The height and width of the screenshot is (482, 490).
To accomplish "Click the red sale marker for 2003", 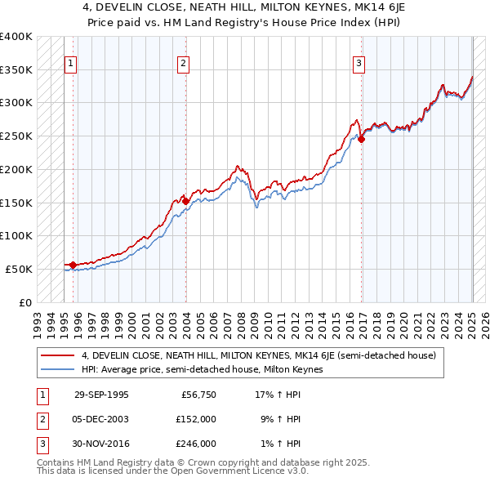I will tap(185, 201).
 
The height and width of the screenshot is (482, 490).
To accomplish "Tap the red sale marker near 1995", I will tap(73, 264).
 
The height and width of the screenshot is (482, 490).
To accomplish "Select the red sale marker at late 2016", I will tap(361, 139).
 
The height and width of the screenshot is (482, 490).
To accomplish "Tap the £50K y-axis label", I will tap(20, 269).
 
